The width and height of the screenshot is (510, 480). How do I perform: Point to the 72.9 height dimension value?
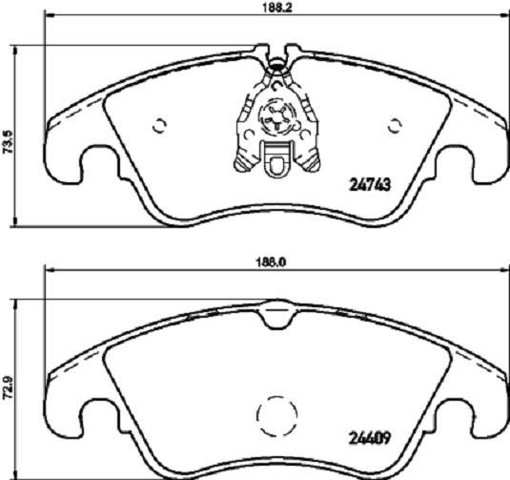point(9,390)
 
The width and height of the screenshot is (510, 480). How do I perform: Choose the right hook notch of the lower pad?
point(455,421)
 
